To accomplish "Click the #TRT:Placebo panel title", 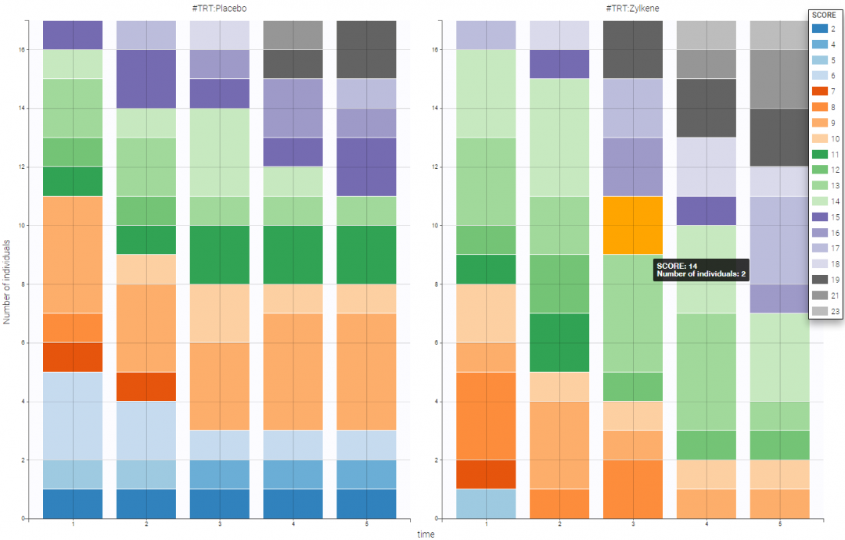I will (220, 7).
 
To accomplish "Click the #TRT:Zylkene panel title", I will (632, 7).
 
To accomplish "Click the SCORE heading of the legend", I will (825, 16).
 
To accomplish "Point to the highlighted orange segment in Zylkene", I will (632, 225).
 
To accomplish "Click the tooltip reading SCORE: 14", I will (701, 269).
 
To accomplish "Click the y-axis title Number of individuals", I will (7, 270).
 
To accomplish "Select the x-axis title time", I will (426, 535).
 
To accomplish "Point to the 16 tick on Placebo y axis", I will (25, 50).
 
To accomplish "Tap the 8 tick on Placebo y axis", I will (27, 284).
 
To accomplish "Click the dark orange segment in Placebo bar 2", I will (146, 386).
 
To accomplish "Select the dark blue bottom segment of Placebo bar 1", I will (73, 503).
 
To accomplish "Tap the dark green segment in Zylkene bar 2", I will (559, 342).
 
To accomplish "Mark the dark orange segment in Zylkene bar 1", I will (485, 474).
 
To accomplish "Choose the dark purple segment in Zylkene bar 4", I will (706, 210).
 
